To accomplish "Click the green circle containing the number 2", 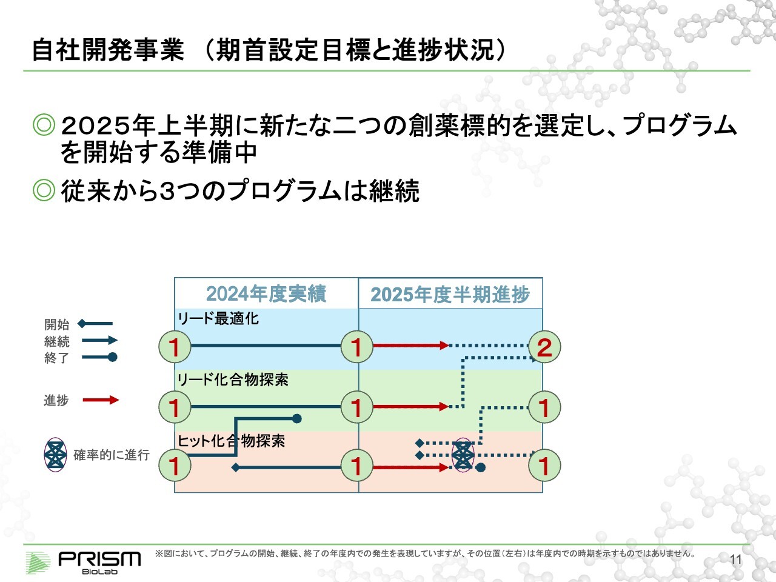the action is point(544,347).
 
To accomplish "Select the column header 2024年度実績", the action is point(266,293).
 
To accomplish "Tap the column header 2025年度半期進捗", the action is point(450,295).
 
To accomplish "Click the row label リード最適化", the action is point(218,319).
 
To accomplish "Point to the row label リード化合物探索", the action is point(233,380).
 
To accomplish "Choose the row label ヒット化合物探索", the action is point(231,441).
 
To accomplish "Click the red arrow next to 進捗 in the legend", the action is point(101,400).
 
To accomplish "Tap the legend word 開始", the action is point(56,324).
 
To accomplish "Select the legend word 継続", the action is point(56,341).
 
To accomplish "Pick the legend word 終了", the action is point(56,358).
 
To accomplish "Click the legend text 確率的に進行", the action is point(112,455).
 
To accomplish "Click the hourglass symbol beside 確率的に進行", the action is point(56,455).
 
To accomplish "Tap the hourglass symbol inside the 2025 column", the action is point(463,455).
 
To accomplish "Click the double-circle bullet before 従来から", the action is point(44,190).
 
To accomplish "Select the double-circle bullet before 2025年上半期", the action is point(44,124).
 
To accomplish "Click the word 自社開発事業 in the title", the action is point(108,50).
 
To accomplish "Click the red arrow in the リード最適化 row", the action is point(411,346).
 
